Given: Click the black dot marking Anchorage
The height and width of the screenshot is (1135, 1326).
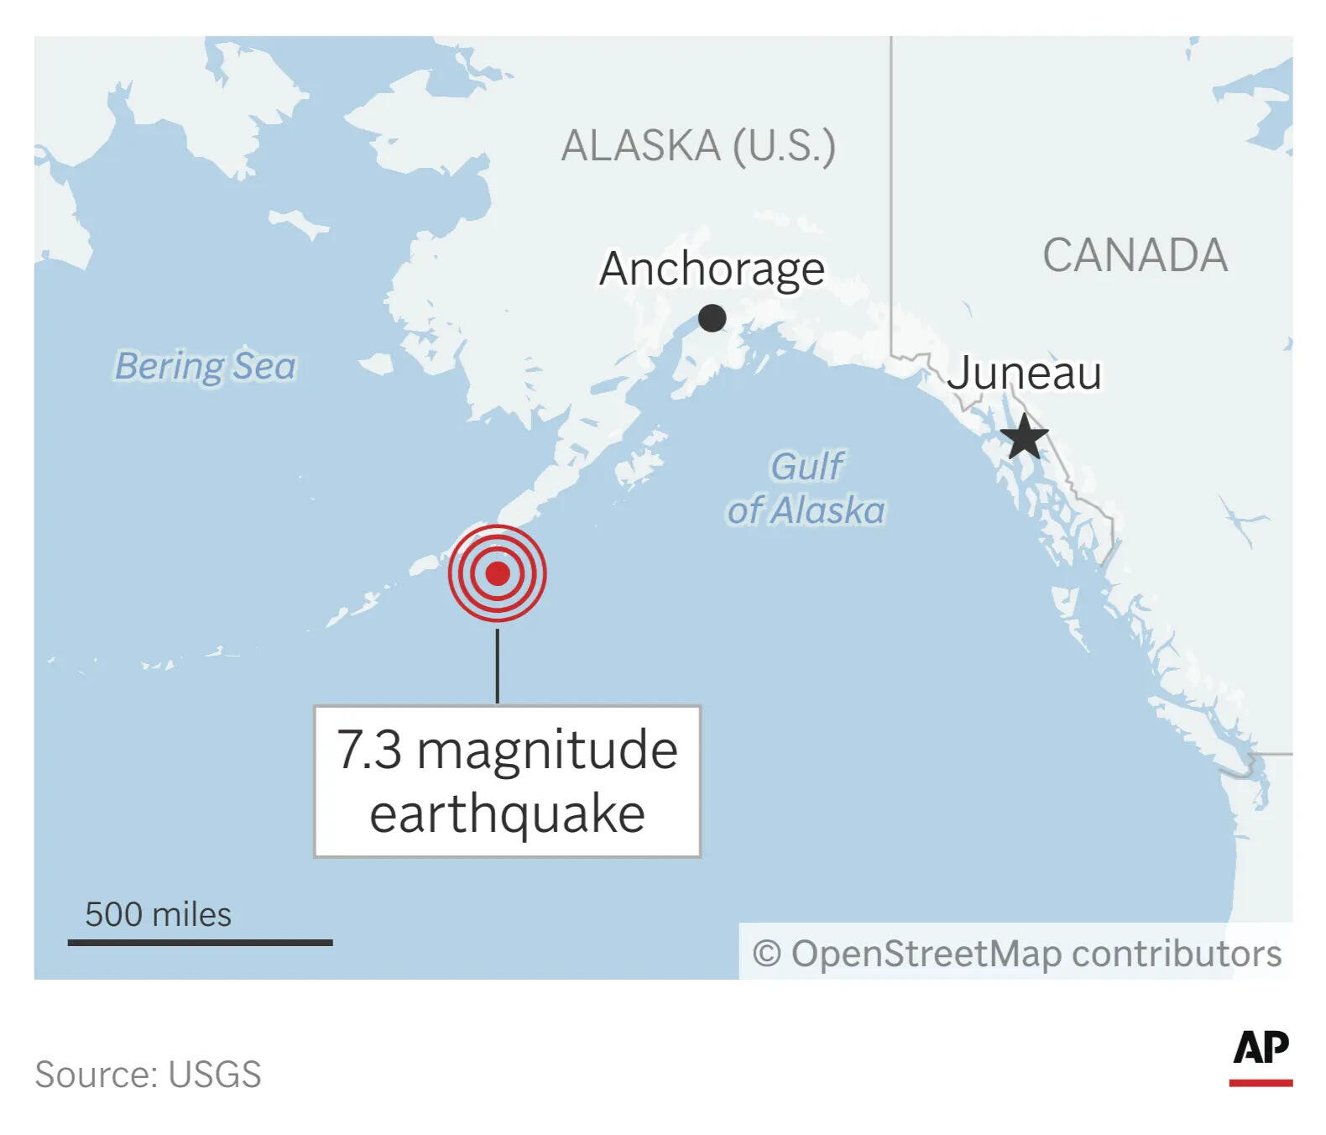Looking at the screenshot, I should point(712,319).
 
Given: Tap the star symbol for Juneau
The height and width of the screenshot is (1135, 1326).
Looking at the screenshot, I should point(1024,437).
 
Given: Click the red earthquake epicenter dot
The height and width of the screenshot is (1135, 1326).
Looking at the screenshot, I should point(498,573).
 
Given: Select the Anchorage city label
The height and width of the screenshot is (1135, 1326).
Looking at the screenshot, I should point(712,269).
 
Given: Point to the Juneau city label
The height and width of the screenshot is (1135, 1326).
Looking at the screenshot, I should point(1024,373).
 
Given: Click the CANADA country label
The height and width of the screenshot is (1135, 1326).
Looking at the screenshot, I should point(1135,255).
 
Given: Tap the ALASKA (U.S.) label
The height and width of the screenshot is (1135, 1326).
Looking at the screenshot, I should point(698,146).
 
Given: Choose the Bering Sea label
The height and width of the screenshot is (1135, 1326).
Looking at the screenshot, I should point(206,366).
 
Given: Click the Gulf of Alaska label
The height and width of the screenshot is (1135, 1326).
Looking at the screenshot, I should point(807,489).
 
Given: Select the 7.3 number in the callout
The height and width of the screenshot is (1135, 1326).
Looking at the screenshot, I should point(369,750).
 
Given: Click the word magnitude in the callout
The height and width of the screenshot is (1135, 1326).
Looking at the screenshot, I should point(547,750).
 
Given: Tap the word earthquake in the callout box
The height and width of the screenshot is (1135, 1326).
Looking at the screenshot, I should point(507,814).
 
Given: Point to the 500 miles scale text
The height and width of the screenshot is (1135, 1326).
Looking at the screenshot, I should point(158,914).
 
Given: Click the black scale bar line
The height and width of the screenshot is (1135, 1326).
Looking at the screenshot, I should point(200,943).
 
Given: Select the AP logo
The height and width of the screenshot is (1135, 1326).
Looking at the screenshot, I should point(1261,1055).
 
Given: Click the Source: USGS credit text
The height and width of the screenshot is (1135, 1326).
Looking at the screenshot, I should point(148,1075).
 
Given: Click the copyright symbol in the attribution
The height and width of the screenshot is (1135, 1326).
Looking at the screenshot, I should point(767,954).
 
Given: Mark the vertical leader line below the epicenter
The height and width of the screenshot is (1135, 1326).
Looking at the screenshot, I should point(498,665).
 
